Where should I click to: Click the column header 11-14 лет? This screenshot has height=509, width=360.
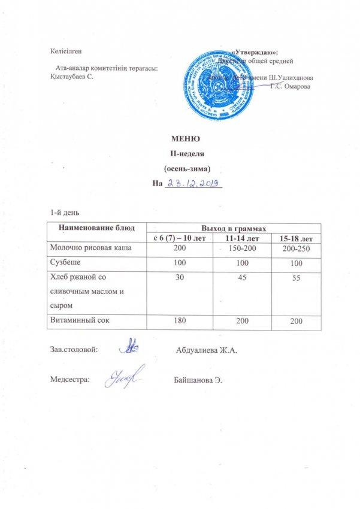pyautogui.click(x=237, y=238)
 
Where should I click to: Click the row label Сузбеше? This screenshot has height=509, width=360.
pyautogui.click(x=65, y=263)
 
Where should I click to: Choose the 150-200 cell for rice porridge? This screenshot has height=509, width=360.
pyautogui.click(x=237, y=248)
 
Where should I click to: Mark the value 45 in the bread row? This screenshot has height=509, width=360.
pyautogui.click(x=237, y=278)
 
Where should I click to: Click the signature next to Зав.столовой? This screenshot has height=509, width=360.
pyautogui.click(x=131, y=348)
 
